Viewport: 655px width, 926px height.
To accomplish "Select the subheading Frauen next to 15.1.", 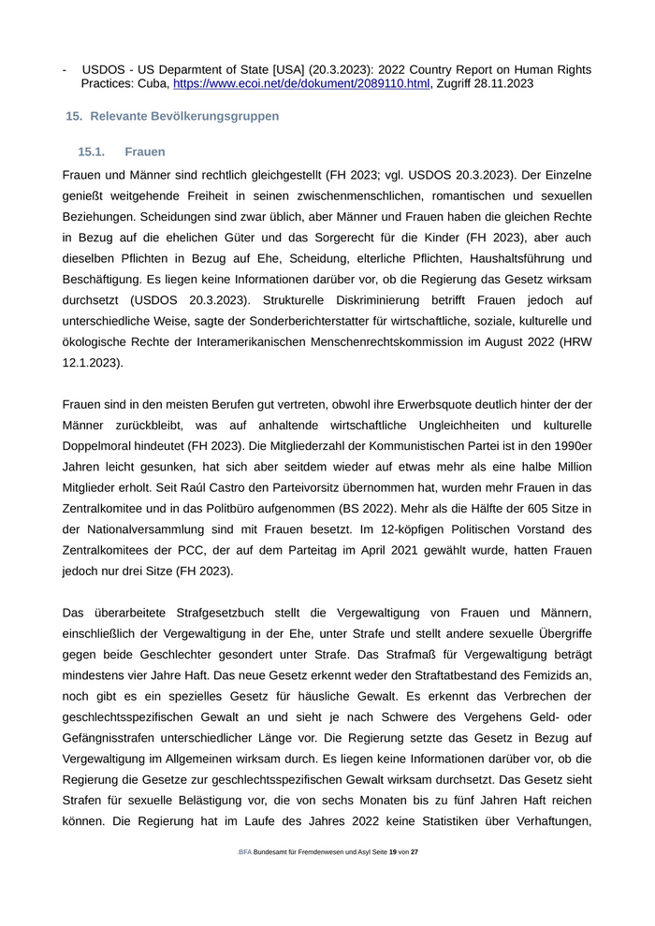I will pos(144,152).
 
